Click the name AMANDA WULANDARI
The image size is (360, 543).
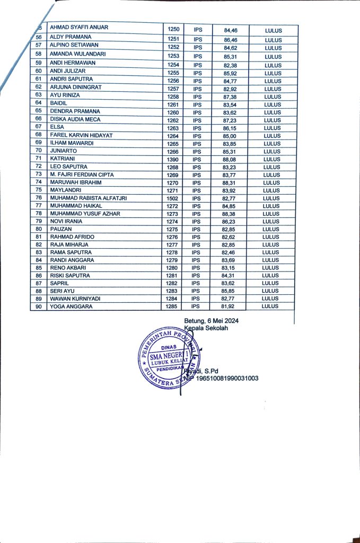tap(77, 54)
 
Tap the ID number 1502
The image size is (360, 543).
tap(173, 198)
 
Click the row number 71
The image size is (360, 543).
tap(39, 159)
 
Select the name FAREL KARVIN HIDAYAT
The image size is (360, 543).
tap(81, 136)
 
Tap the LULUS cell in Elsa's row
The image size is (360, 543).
tap(271, 128)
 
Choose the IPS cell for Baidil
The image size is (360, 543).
tap(197, 105)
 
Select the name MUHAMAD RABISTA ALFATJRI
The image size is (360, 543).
tap(89, 198)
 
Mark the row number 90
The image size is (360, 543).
tap(39, 306)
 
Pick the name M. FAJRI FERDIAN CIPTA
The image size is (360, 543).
tap(82, 174)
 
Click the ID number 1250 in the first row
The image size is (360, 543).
tap(173, 28)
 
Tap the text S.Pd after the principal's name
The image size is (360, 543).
tap(210, 371)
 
